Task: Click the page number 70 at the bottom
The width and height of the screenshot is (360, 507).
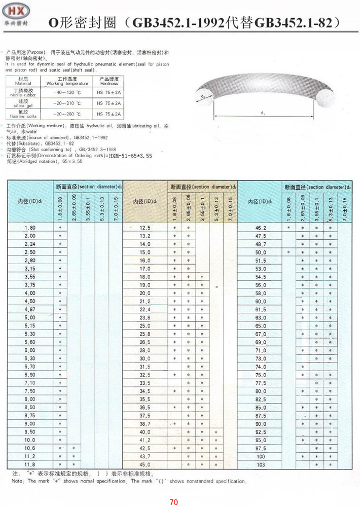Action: click(174, 502)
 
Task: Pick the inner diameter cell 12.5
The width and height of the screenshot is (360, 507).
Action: click(145, 228)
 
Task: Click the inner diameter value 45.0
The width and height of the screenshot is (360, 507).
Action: click(145, 464)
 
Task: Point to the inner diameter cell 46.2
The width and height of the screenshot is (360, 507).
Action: click(261, 228)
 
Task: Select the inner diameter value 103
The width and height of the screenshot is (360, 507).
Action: click(261, 464)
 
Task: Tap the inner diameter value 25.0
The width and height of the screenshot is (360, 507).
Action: click(145, 325)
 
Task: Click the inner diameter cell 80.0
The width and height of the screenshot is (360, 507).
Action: click(261, 391)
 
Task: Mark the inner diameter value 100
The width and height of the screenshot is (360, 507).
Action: click(261, 456)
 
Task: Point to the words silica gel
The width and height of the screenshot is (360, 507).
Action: click(24, 106)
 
